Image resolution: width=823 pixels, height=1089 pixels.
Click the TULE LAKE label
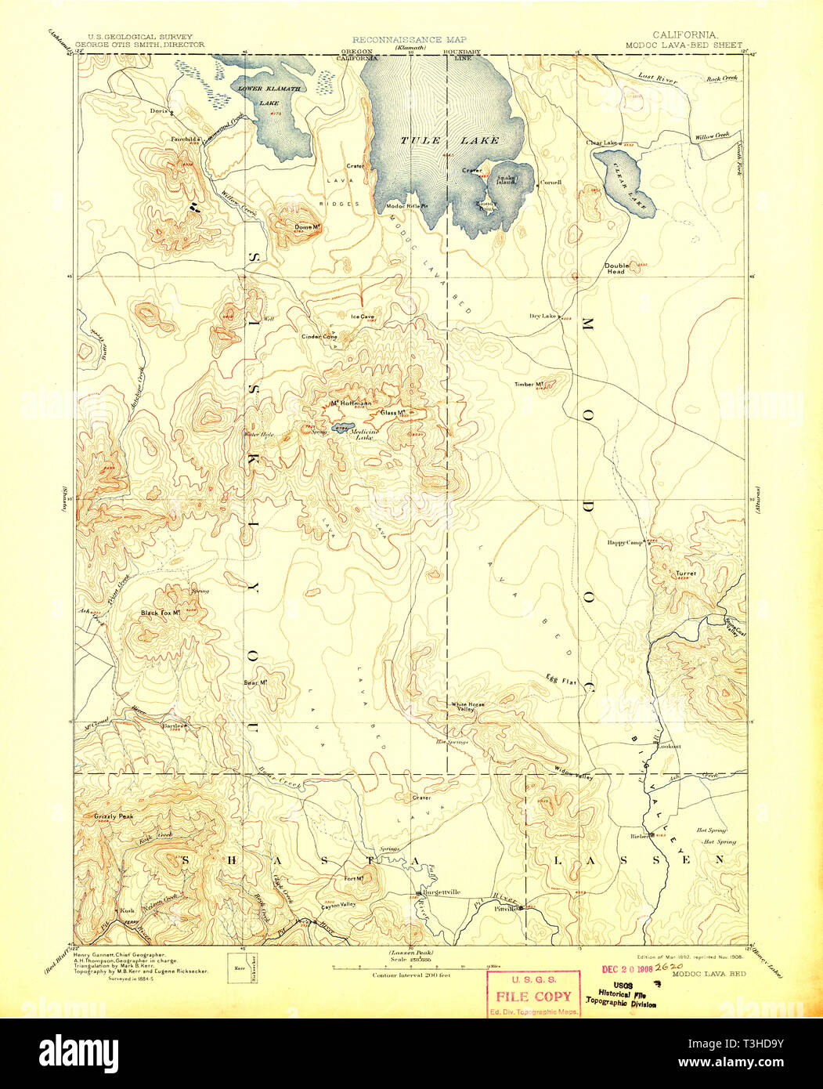pyautogui.click(x=449, y=141)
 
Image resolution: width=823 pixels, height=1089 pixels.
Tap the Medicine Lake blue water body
pyautogui.click(x=341, y=429)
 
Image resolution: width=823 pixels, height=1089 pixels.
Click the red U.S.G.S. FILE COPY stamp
pyautogui.click(x=532, y=995)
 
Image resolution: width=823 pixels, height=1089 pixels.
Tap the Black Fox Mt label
pyautogui.click(x=161, y=613)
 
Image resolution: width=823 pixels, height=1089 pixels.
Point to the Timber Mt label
pyautogui.click(x=529, y=384)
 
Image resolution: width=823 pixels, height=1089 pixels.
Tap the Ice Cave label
pyautogui.click(x=363, y=317)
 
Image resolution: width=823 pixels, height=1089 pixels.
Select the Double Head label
pyautogui.click(x=615, y=268)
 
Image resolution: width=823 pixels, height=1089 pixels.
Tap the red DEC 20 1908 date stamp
pyautogui.click(x=626, y=968)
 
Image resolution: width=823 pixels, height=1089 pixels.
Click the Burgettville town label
pyautogui.click(x=441, y=892)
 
